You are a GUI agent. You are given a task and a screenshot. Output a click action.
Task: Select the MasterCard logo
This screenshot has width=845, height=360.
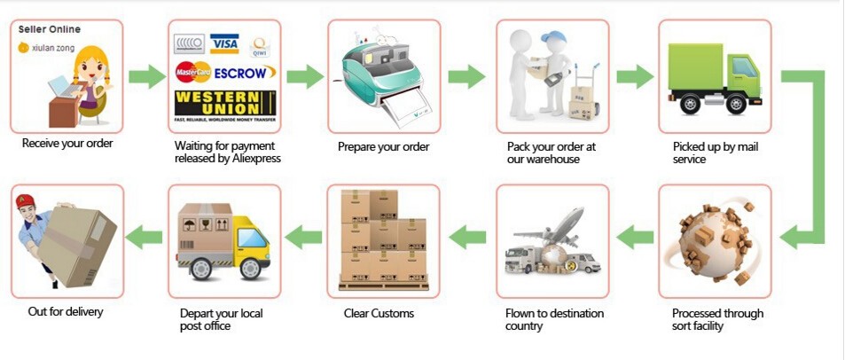tap(192, 72)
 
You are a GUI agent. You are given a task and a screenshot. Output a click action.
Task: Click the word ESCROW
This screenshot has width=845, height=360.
tap(245, 72)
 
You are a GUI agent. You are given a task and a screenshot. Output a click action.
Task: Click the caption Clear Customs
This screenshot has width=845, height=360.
tap(379, 313)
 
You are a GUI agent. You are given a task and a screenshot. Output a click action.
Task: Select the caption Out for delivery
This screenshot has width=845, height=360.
tap(66, 311)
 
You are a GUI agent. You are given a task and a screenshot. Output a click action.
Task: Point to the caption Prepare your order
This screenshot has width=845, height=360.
tap(383, 147)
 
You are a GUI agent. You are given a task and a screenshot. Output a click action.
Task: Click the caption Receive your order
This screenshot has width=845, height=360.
tap(67, 143)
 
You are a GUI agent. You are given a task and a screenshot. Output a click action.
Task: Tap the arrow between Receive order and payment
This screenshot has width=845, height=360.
tap(146, 76)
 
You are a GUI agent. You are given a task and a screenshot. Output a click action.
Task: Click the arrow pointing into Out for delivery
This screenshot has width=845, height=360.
tap(145, 237)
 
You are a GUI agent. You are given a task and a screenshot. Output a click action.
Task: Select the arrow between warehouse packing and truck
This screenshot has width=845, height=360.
tap(634, 76)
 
